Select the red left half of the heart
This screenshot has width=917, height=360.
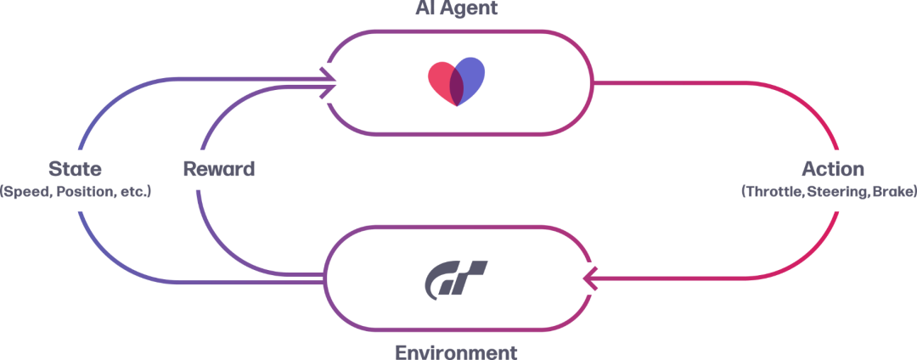[x=440, y=79]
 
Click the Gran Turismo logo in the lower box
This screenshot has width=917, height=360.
[x=456, y=278]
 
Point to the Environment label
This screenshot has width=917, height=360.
[x=456, y=351]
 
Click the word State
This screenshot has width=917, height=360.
[x=75, y=168]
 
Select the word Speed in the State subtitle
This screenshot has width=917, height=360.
[x=23, y=192]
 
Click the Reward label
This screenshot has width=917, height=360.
[x=219, y=168]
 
